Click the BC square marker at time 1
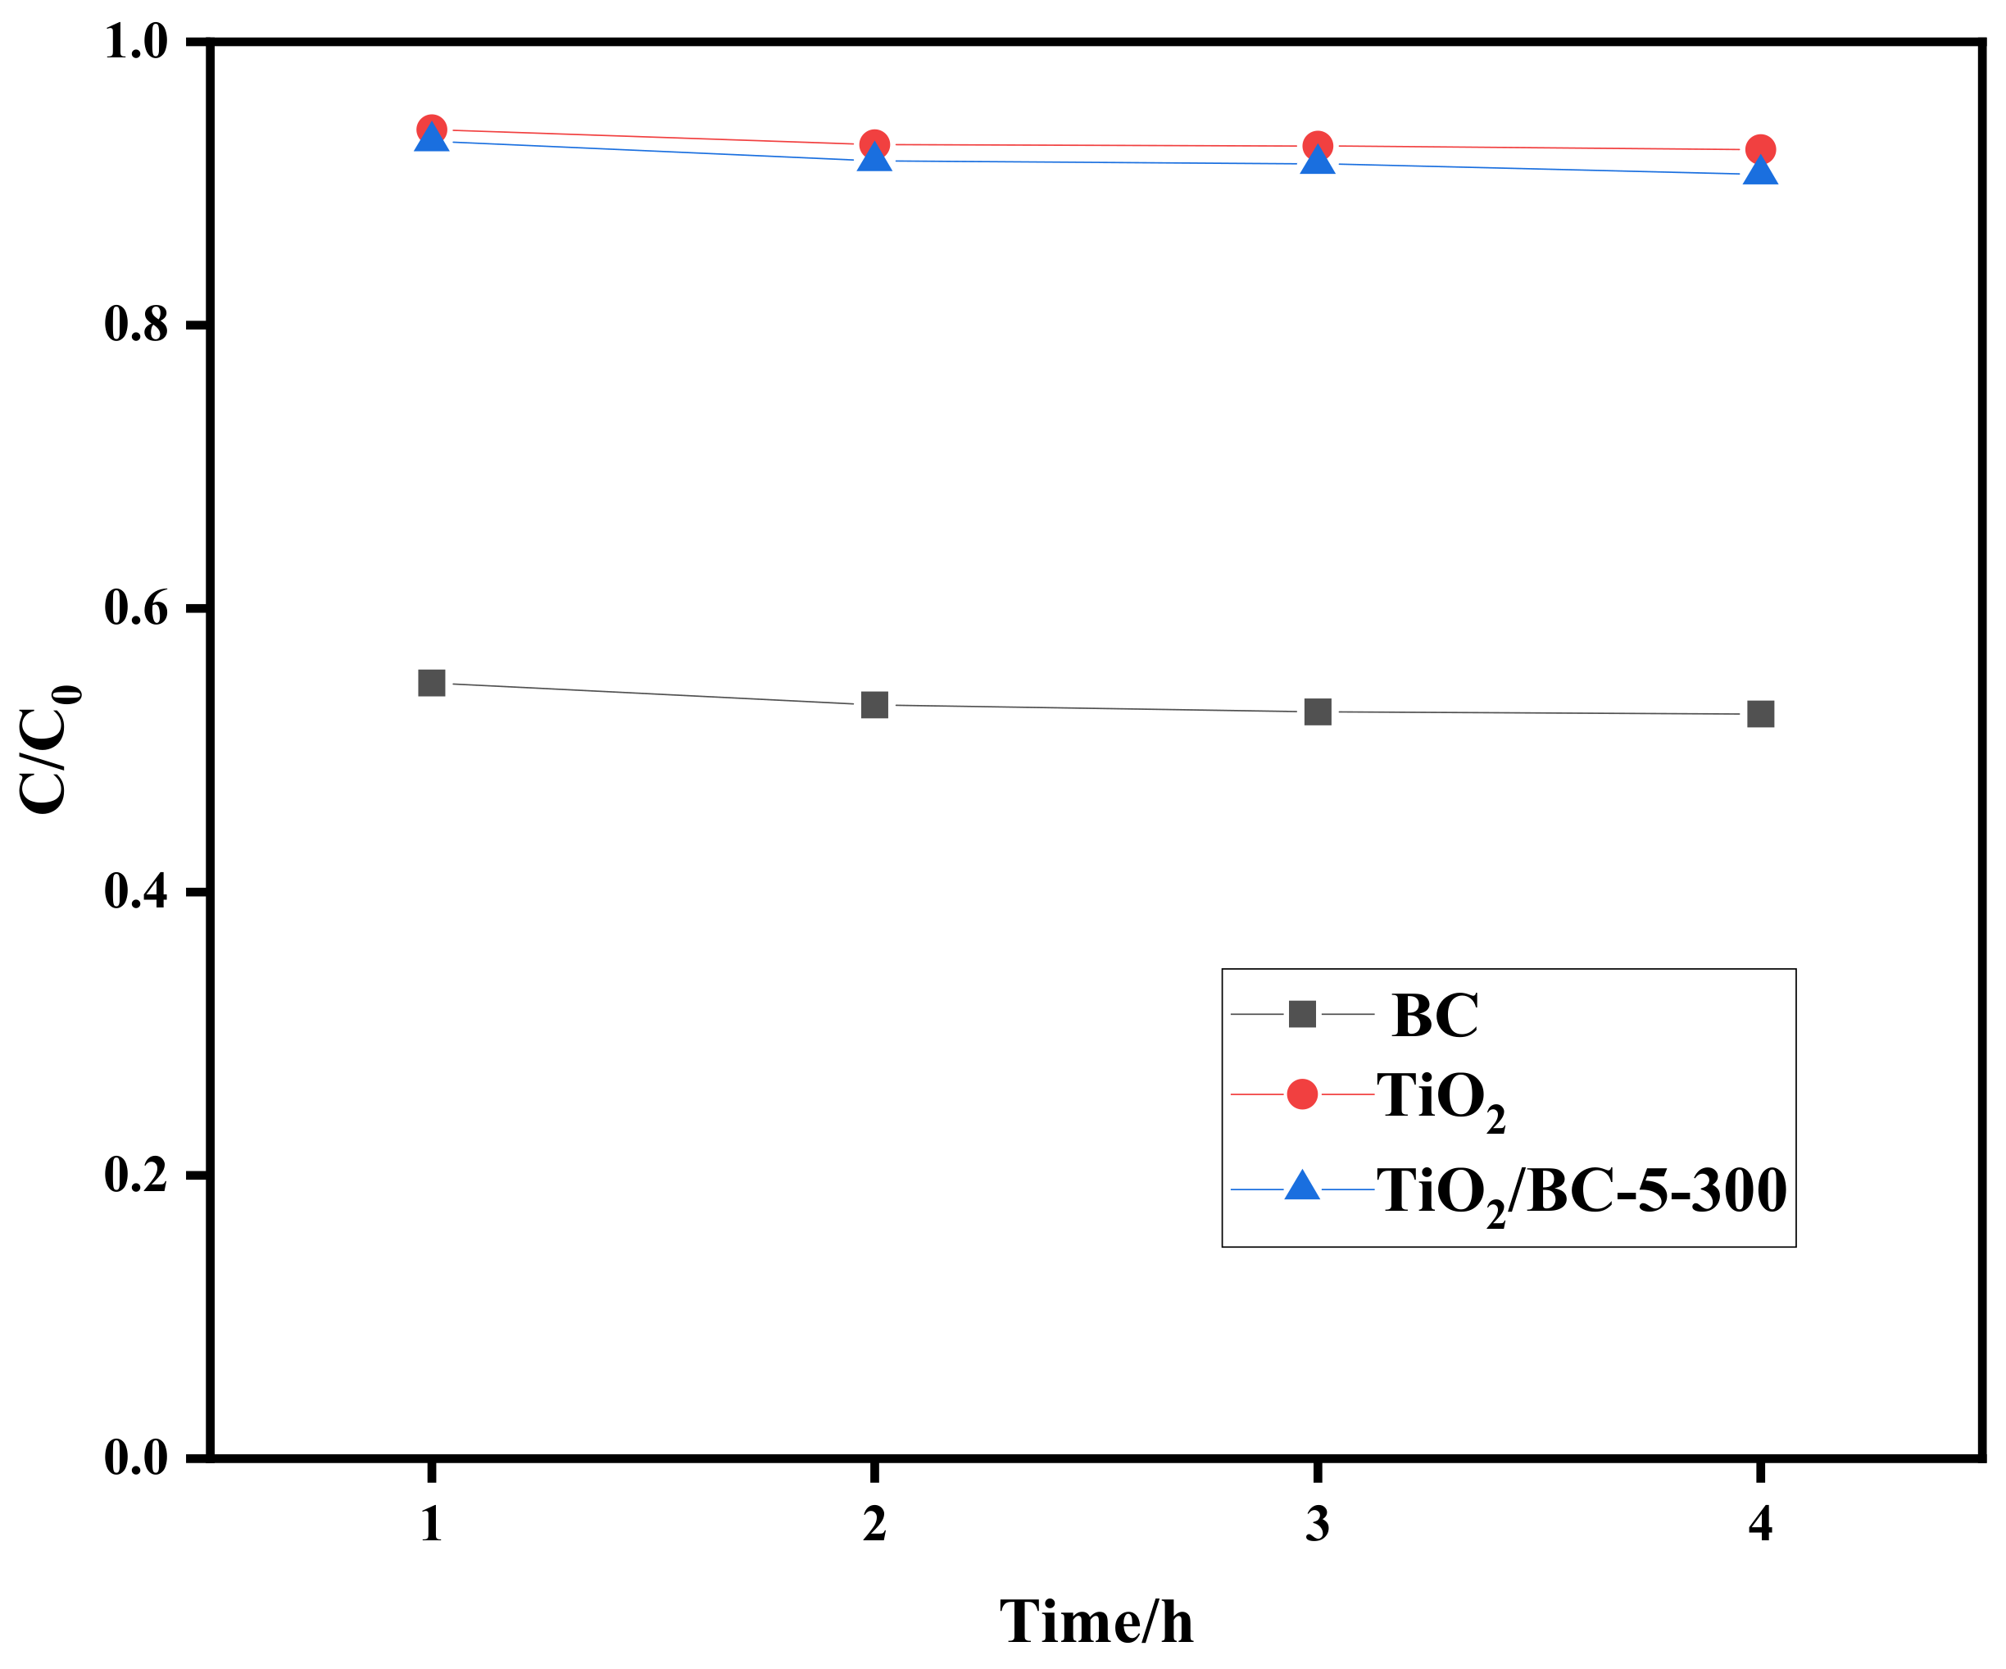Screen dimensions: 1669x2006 pyautogui.click(x=432, y=683)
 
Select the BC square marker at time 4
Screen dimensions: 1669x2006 pyautogui.click(x=1760, y=715)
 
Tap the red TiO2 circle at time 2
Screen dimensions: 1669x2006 pyautogui.click(x=874, y=145)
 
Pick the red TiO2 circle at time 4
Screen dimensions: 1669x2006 pyautogui.click(x=1760, y=150)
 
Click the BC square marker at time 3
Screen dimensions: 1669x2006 pyautogui.click(x=1318, y=712)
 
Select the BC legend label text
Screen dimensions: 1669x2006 pyautogui.click(x=1435, y=1016)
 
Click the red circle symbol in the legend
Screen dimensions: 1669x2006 pyautogui.click(x=1302, y=1094)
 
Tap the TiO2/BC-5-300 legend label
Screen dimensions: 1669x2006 pyautogui.click(x=1581, y=1192)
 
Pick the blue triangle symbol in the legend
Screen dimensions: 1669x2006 pyautogui.click(x=1302, y=1188)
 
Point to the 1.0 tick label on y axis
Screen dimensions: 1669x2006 pyautogui.click(x=136, y=42)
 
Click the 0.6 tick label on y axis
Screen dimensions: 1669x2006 pyautogui.click(x=136, y=608)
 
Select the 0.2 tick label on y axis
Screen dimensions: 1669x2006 pyautogui.click(x=136, y=1175)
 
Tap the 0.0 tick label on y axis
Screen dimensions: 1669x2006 pyautogui.click(x=136, y=1459)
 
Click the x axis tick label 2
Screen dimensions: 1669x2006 pyautogui.click(x=874, y=1525)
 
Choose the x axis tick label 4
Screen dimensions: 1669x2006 pyautogui.click(x=1760, y=1525)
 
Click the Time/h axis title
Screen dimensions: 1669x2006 pyautogui.click(x=1096, y=1622)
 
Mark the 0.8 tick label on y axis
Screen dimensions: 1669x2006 pyautogui.click(x=136, y=325)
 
